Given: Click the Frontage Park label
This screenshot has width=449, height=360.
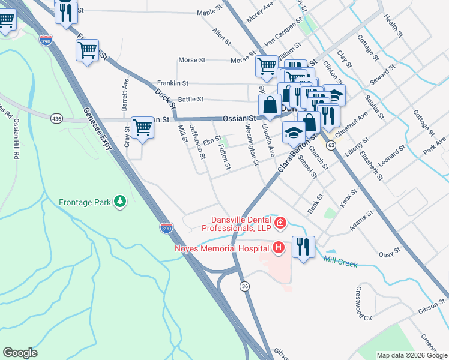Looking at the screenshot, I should (85, 202).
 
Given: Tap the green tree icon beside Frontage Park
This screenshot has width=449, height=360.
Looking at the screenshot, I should (121, 202).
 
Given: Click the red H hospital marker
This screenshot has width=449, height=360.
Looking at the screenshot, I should (278, 247).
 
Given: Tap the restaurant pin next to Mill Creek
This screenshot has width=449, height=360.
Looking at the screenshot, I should (303, 248).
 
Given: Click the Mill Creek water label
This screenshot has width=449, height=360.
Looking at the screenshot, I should (340, 263).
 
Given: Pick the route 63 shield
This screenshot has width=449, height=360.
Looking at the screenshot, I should (331, 145).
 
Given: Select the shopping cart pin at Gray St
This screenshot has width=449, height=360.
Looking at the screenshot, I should (142, 128).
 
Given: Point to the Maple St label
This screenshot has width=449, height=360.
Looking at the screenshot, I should (209, 11).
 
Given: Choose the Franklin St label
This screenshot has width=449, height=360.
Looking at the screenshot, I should (173, 83).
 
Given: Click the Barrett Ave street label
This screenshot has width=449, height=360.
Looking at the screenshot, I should (125, 92).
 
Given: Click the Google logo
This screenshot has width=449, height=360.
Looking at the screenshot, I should (20, 353).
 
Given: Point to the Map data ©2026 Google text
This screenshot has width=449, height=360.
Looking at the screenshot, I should (411, 355).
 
